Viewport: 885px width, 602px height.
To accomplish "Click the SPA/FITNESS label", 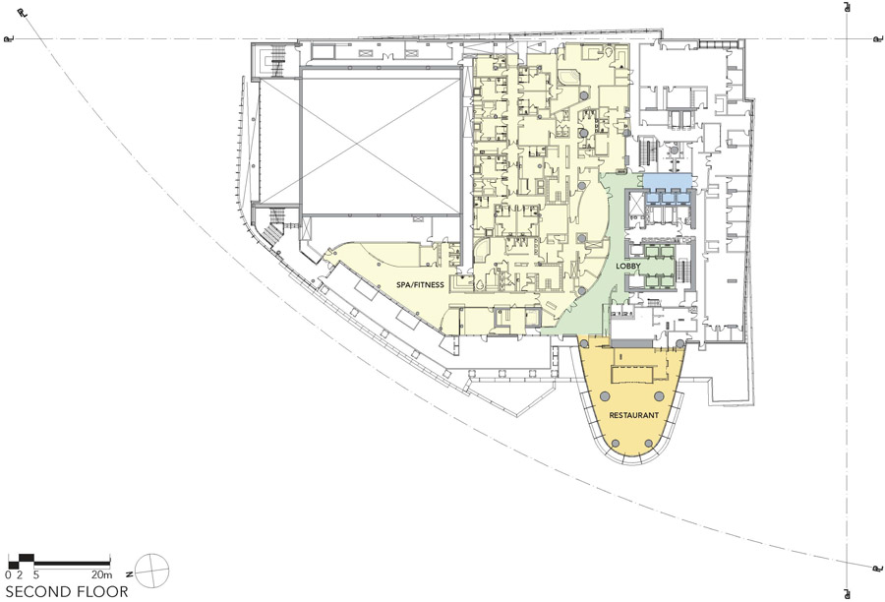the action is point(420,285).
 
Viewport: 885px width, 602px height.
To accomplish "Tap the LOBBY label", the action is point(628,266).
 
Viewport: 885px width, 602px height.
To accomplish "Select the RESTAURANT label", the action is point(634,415).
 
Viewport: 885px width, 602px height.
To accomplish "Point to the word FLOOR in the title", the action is point(101,592).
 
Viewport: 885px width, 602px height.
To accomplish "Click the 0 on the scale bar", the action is point(9,575).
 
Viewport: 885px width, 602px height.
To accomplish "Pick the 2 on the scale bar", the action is point(20,575).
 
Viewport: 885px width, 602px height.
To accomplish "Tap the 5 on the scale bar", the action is point(35,575).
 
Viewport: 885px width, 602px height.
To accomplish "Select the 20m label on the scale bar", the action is point(102,575).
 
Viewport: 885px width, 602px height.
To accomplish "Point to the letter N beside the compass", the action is point(129,573).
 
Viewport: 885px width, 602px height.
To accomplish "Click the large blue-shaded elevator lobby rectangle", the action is point(668,182).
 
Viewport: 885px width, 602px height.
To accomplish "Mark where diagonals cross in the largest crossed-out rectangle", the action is point(381,141).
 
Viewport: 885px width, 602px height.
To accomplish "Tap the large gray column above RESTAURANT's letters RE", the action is point(605,395).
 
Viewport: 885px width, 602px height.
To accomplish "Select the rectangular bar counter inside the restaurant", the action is point(632,375).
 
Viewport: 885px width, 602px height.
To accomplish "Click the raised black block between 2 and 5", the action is point(27,559).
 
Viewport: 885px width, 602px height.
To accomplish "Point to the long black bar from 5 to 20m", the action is point(72,564).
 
